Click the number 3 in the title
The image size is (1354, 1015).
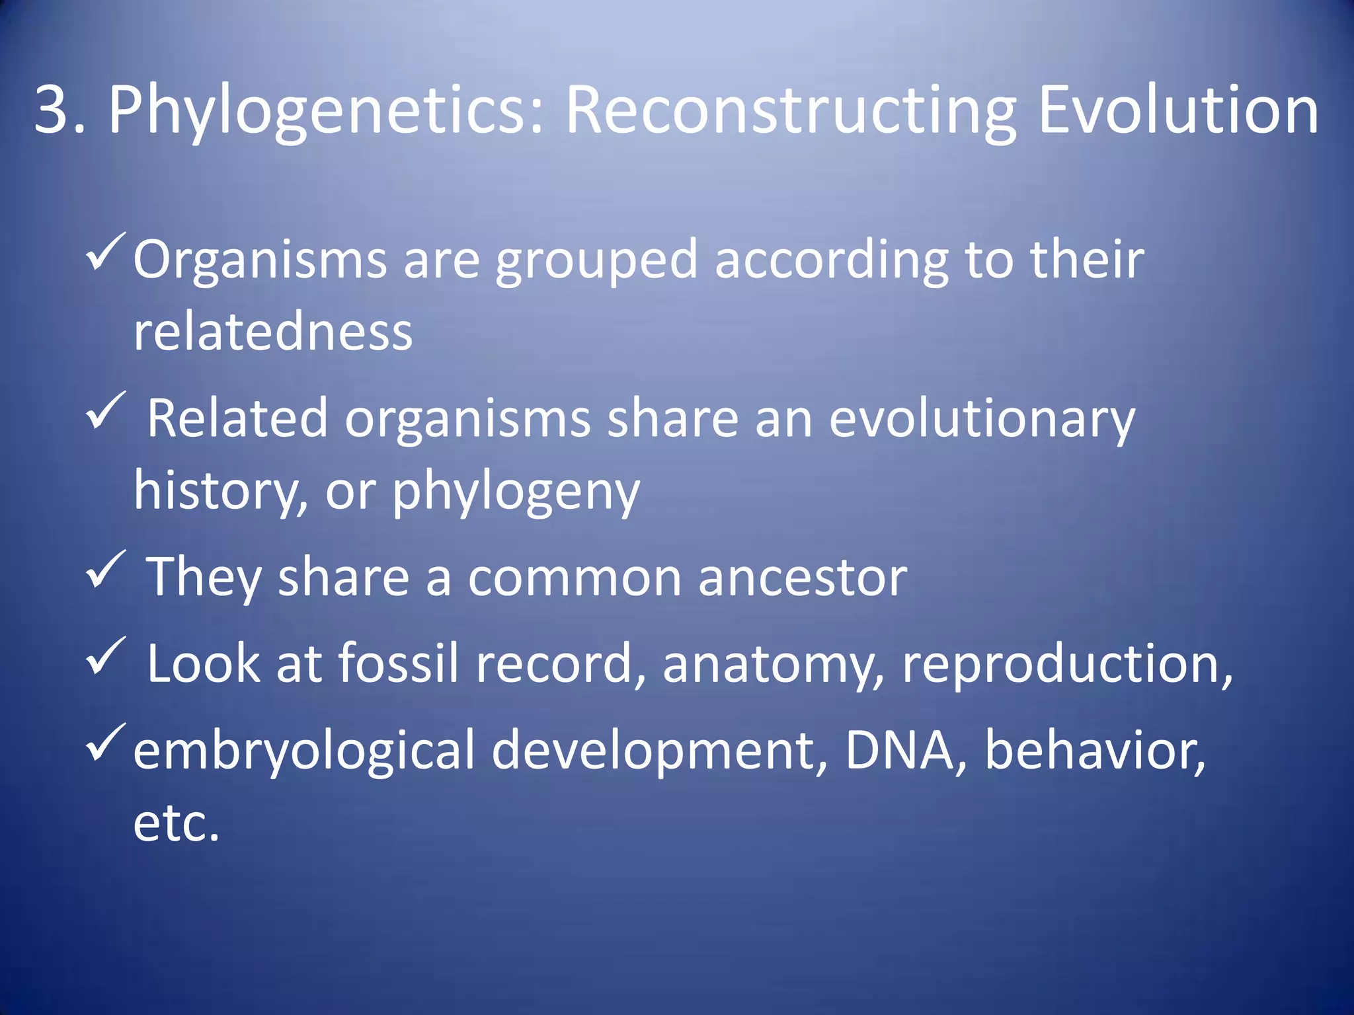click(x=52, y=110)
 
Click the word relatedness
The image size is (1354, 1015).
click(x=273, y=331)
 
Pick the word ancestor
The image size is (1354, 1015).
click(x=803, y=578)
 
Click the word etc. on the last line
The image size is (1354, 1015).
click(x=176, y=823)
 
